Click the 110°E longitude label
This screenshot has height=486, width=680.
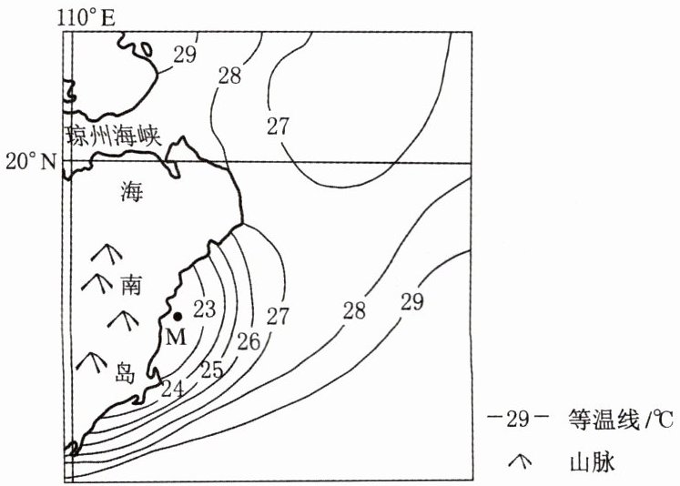coord(86,15)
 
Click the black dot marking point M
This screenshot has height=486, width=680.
coord(178,317)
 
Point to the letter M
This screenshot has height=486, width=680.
coord(176,337)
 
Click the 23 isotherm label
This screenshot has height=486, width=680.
coord(205,309)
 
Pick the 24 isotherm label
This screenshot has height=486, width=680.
coord(173,389)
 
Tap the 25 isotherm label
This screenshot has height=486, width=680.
coord(211,370)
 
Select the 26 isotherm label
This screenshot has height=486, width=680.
coord(249,342)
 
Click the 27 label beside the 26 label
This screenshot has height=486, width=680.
coord(278,316)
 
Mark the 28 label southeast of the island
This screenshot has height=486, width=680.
coord(354,311)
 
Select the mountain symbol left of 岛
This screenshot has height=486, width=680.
coord(89,362)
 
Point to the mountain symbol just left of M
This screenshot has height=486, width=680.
coord(122,319)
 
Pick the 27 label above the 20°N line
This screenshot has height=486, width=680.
coord(279,127)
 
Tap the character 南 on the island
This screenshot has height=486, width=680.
coord(130,286)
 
